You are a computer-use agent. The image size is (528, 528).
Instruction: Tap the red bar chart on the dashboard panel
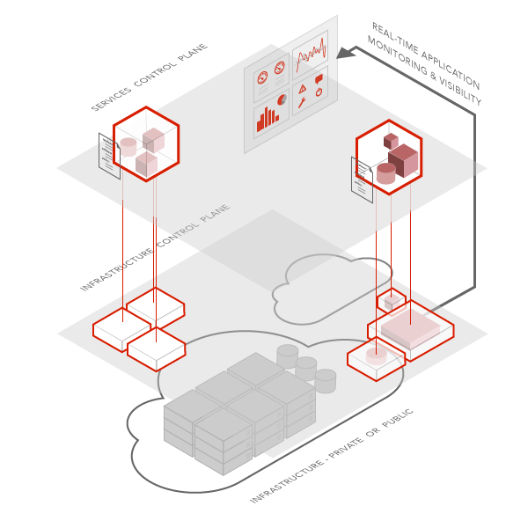(268, 119)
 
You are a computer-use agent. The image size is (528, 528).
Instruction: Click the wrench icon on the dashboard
(302, 102)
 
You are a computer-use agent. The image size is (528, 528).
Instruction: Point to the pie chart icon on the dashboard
(282, 99)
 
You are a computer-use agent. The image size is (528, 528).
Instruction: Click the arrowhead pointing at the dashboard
(344, 53)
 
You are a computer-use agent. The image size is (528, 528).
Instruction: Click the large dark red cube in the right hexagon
(403, 161)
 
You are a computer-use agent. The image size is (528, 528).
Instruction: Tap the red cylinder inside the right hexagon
(386, 172)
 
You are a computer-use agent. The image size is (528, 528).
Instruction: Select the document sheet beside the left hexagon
(109, 156)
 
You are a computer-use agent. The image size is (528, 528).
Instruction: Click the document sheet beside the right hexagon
(362, 179)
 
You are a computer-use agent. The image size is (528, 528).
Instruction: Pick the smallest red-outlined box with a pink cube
(391, 301)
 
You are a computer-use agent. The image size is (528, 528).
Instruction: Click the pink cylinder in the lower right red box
(376, 356)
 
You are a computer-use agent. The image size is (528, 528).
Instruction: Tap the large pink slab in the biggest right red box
(409, 328)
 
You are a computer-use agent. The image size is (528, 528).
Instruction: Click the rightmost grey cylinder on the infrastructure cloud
(326, 380)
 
